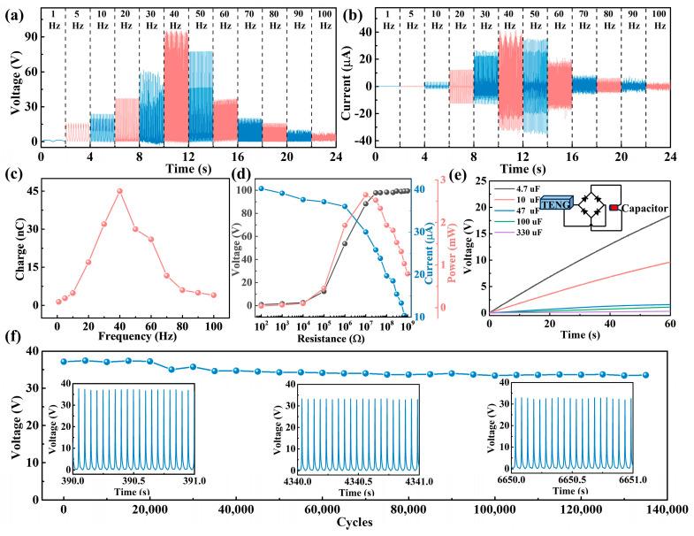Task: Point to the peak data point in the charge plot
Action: click(120, 191)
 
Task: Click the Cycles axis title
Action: click(355, 522)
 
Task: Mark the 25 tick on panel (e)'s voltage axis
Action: click(477, 180)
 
